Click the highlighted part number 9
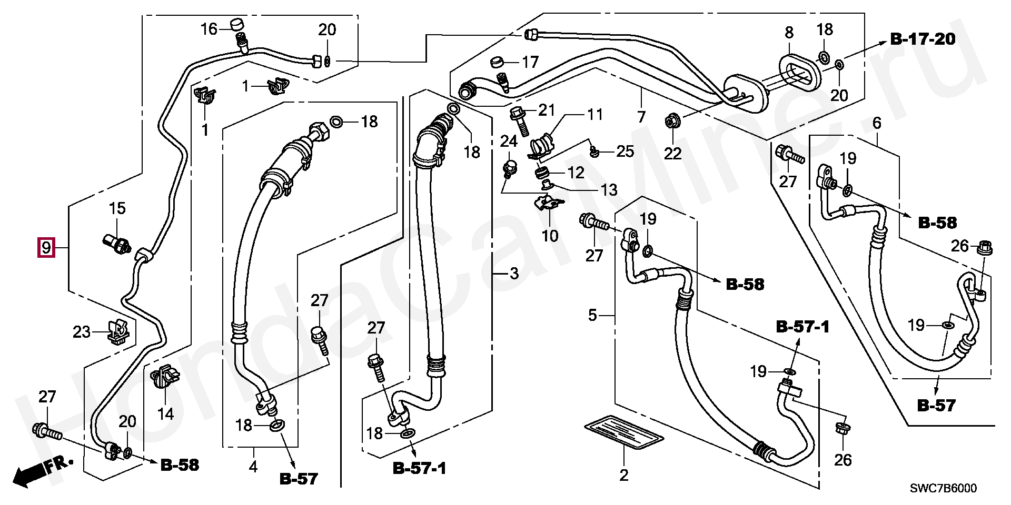[x=46, y=247]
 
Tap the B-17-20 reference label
[x=923, y=38]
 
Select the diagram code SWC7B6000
[x=943, y=488]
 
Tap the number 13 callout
[x=609, y=190]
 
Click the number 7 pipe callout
[x=641, y=116]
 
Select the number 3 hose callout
[x=514, y=274]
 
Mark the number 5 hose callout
[x=592, y=315]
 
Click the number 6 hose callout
[x=877, y=123]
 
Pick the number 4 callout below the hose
[x=253, y=467]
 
